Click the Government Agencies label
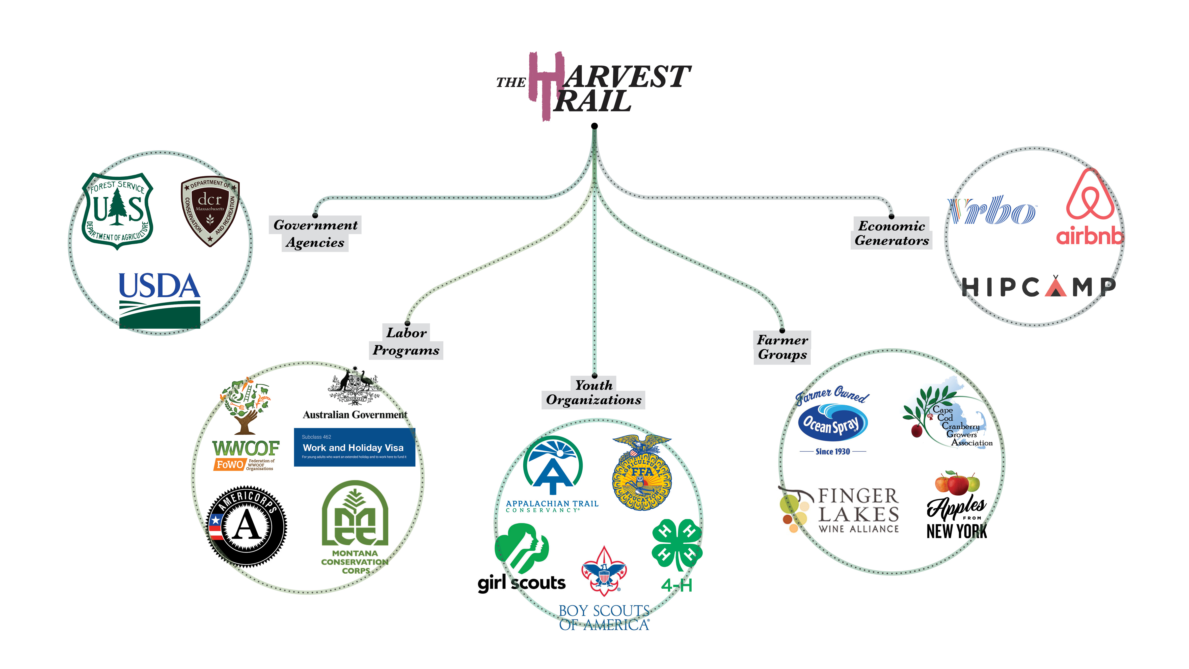(315, 234)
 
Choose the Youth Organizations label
(594, 392)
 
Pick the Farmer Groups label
(782, 347)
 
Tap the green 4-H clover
(677, 545)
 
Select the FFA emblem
(642, 473)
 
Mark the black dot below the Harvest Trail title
(594, 126)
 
